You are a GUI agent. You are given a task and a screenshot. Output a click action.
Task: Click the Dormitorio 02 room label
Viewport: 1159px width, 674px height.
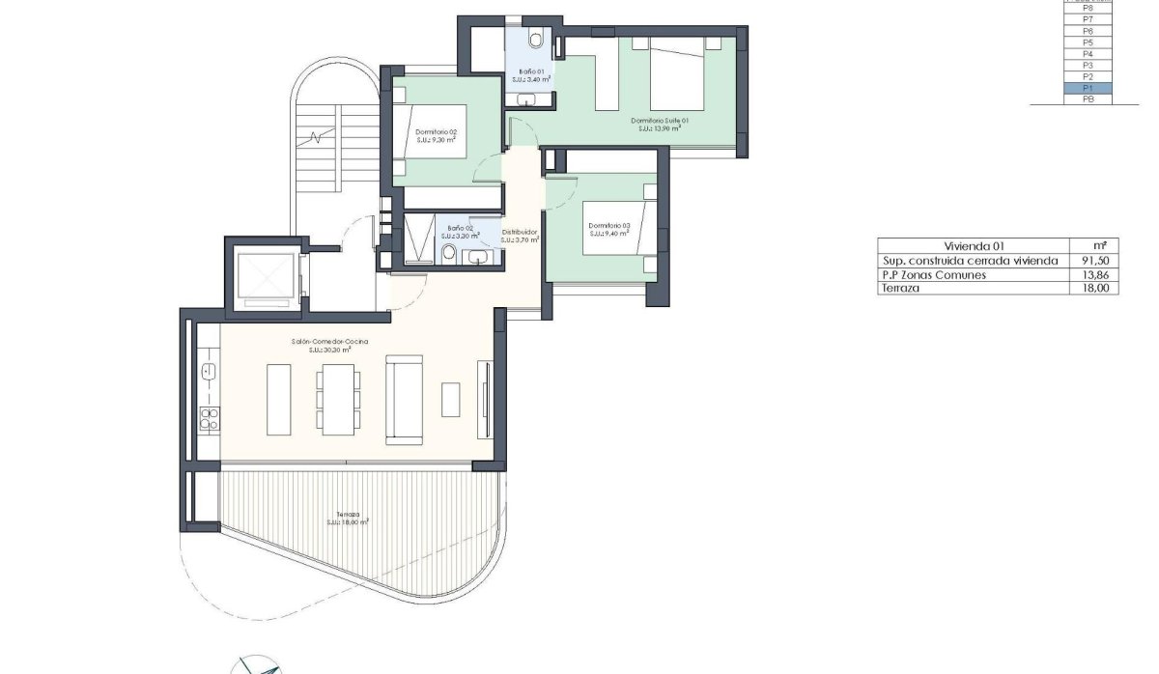(436, 132)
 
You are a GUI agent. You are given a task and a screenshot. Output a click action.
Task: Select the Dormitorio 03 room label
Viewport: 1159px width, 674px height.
(609, 226)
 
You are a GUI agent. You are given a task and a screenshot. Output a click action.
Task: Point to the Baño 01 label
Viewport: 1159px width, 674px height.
(532, 71)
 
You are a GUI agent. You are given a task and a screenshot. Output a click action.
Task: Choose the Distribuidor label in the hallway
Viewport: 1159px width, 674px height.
(520, 232)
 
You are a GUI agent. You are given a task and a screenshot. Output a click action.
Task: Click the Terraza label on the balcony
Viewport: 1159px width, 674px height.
(349, 515)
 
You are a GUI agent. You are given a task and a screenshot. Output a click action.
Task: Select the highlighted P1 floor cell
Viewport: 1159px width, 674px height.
(1088, 88)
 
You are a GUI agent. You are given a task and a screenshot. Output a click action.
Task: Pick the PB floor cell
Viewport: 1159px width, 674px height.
(1088, 99)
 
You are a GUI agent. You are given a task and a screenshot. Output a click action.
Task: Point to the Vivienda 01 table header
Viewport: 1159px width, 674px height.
(974, 246)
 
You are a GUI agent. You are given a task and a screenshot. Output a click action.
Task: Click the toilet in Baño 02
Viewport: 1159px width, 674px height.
(449, 253)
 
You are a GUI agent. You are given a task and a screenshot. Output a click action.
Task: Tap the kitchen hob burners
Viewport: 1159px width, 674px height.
(209, 417)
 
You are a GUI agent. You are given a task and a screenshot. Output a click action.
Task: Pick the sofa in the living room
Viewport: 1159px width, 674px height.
(404, 400)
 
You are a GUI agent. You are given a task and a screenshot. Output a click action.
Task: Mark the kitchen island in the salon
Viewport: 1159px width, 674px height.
(278, 399)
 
